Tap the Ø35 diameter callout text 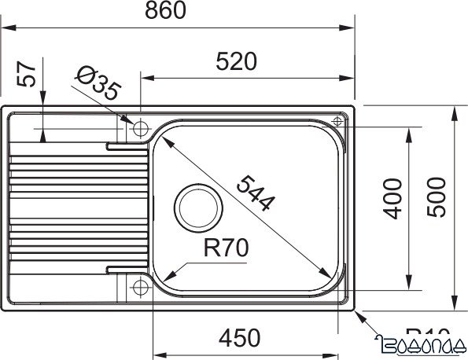[x=98, y=83]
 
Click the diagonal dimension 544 [x=256, y=193]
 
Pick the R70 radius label [x=225, y=249]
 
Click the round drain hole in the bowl [x=197, y=205]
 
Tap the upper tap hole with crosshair [x=141, y=128]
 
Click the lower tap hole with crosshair [x=141, y=285]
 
